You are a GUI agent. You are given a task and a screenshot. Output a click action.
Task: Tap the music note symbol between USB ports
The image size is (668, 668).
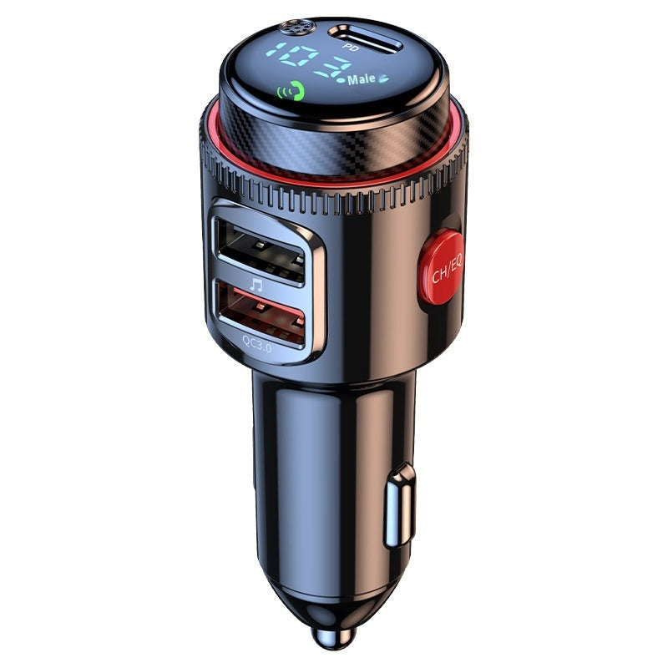[x=256, y=285]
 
